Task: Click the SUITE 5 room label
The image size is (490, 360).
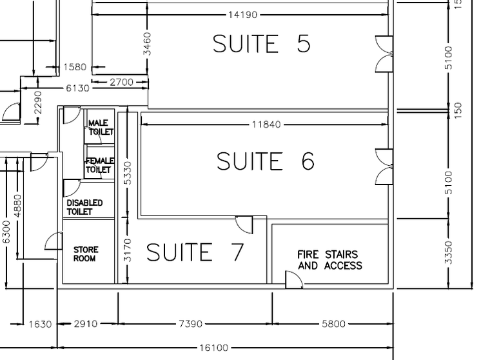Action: pos(262,43)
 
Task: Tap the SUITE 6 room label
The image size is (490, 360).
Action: pos(266,161)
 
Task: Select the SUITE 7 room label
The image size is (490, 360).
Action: pos(195,252)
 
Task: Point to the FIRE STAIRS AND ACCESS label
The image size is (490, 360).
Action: pos(329,260)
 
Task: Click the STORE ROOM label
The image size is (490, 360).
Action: pos(86,254)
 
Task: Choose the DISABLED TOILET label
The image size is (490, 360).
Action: pos(84,207)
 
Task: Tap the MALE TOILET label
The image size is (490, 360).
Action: pos(101,127)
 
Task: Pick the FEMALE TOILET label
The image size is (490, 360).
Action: pos(99,165)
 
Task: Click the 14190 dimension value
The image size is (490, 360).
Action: pos(243,15)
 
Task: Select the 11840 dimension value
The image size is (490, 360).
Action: pos(266,125)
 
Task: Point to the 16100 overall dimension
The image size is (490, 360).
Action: pos(214,348)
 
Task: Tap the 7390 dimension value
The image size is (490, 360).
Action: pos(190,324)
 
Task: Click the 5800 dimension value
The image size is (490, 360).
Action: pos(333,324)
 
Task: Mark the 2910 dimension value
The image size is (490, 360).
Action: pos(86,324)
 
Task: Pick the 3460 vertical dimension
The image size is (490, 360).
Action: pos(147,44)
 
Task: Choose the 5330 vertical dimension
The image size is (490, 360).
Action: pos(127,173)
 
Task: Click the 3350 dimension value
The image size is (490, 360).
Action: pos(449,252)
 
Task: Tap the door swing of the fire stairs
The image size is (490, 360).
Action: pos(294,279)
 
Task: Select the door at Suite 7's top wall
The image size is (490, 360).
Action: pos(244,225)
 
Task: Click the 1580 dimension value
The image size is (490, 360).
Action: pos(75,67)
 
